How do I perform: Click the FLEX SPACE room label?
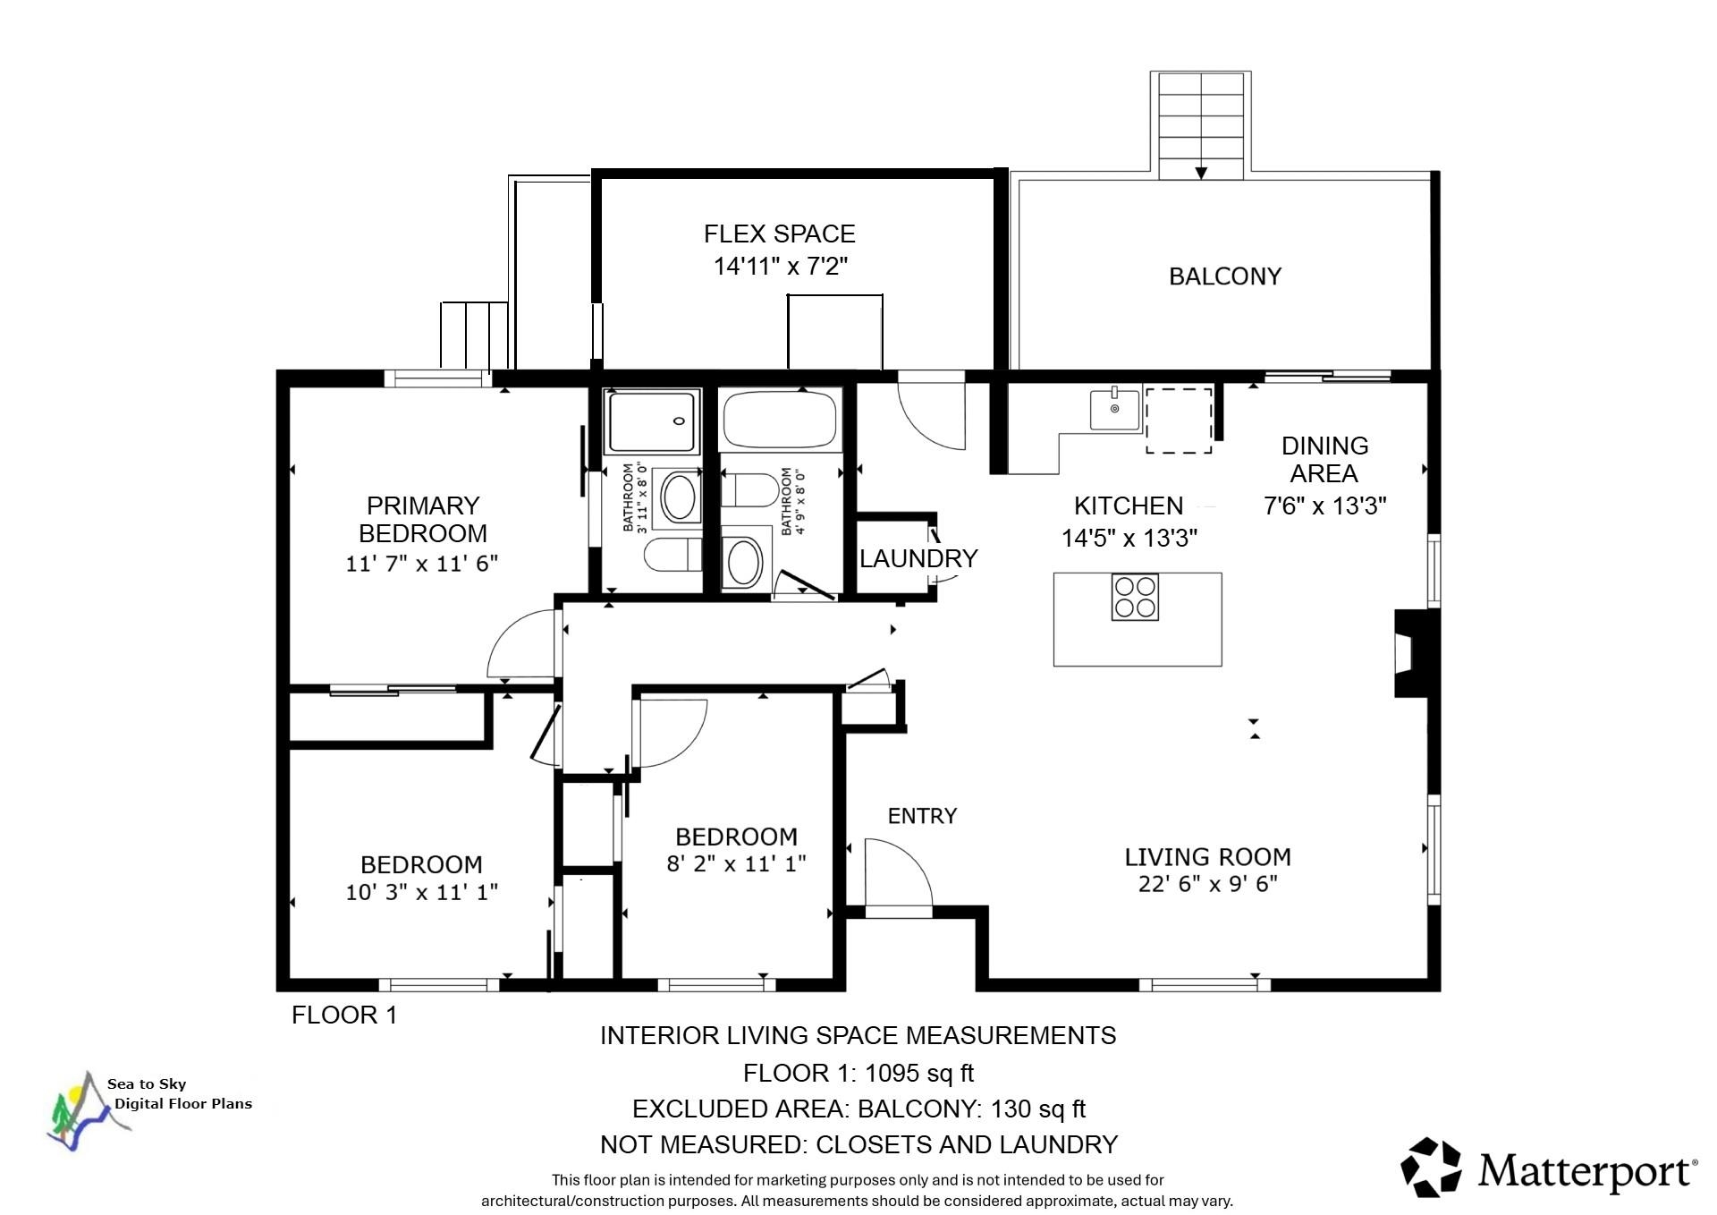point(779,234)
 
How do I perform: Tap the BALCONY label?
point(1225,276)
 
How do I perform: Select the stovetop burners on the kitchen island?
point(1135,598)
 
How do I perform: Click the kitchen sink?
point(1115,410)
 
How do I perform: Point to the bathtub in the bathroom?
point(779,420)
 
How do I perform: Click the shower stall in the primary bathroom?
point(654,421)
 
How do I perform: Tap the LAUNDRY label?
point(918,558)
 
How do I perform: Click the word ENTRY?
point(922,816)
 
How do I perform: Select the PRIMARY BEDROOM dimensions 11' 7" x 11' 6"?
point(422,564)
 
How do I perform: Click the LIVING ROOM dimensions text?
point(1207,884)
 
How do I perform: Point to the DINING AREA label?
point(1324,459)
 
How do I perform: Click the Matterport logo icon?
point(1431,1167)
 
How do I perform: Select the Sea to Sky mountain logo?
point(80,1109)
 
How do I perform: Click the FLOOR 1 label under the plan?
point(344,1015)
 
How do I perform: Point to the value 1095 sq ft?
point(919,1073)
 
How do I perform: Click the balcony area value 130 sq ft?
point(1038,1109)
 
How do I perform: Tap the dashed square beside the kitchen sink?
point(1180,420)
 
